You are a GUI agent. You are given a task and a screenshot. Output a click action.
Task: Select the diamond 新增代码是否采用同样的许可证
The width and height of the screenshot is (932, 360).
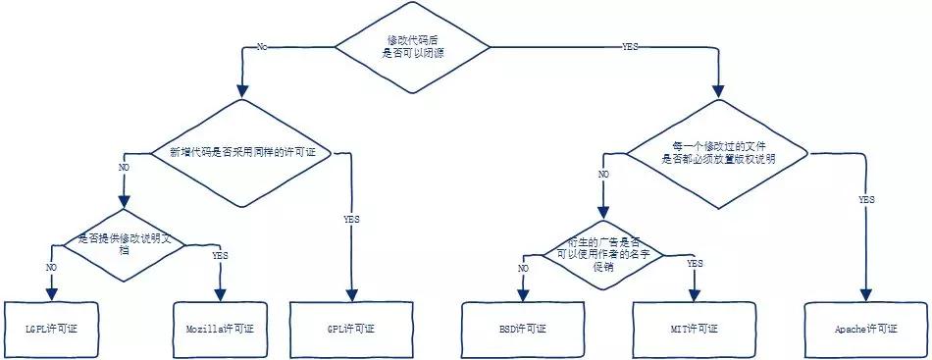tap(242, 153)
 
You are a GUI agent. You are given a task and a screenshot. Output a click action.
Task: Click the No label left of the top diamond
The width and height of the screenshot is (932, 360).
tap(261, 47)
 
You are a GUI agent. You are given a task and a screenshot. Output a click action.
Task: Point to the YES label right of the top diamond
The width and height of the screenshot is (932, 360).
tap(630, 47)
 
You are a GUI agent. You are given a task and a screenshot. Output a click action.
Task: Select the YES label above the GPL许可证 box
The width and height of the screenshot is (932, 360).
tap(351, 219)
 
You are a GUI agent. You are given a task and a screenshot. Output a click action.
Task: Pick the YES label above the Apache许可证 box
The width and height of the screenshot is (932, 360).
tap(866, 199)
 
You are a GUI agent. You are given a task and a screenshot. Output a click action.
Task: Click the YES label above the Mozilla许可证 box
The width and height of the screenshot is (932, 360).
tap(220, 256)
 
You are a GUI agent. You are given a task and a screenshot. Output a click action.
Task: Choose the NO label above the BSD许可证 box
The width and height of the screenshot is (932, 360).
tap(523, 268)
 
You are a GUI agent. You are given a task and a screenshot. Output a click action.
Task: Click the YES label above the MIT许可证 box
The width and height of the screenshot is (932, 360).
tap(695, 264)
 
